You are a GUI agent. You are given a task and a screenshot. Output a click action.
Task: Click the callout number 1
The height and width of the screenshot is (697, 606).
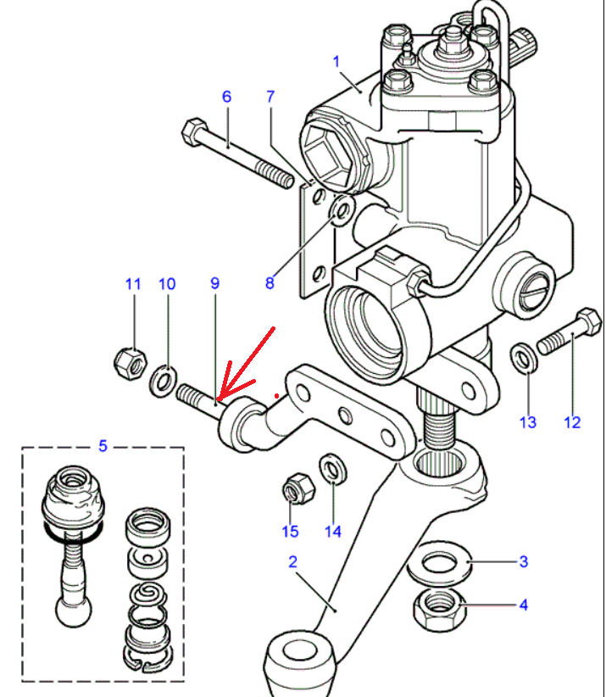pyautogui.click(x=336, y=61)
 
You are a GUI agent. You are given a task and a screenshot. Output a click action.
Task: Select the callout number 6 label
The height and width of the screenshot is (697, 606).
pyautogui.click(x=226, y=97)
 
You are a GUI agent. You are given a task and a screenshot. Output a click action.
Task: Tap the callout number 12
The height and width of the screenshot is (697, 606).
pyautogui.click(x=572, y=421)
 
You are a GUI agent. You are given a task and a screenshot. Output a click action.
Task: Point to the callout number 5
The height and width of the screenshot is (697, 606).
pyautogui.click(x=103, y=444)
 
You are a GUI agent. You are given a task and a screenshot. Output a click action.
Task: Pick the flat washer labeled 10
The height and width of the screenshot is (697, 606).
pyautogui.click(x=164, y=382)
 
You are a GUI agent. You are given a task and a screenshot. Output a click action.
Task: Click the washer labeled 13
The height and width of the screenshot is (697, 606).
pyautogui.click(x=524, y=359)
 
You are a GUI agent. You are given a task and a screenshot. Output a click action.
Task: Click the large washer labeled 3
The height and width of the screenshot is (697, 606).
pyautogui.click(x=439, y=562)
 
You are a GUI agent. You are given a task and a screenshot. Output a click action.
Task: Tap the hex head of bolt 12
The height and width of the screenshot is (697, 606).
pyautogui.click(x=584, y=322)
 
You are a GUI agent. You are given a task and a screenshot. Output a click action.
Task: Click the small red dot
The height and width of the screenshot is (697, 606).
pyautogui.click(x=277, y=394)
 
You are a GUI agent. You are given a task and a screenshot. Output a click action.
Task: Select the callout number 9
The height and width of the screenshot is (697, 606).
pyautogui.click(x=214, y=283)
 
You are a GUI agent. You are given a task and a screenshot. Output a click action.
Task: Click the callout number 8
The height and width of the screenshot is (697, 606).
pyautogui.click(x=270, y=283)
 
